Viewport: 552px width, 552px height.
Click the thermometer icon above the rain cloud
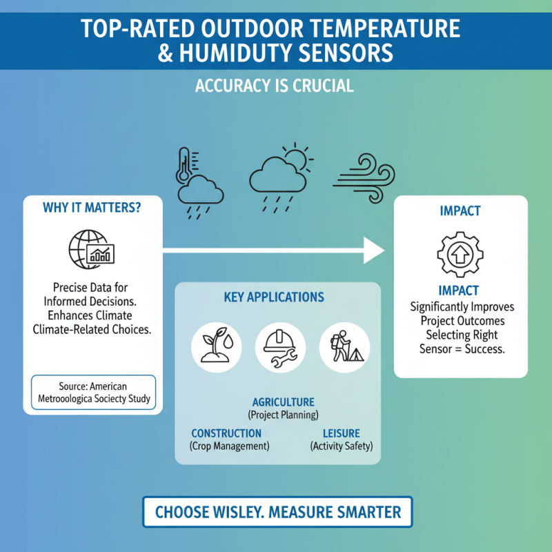[184, 164]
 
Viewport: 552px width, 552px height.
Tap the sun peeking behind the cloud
[296, 157]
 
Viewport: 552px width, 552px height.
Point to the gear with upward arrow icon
[460, 253]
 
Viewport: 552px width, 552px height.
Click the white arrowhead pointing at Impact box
[373, 250]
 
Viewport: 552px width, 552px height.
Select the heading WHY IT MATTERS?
[92, 208]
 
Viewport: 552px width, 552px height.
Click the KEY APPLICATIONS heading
[274, 297]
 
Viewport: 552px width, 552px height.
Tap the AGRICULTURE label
[283, 402]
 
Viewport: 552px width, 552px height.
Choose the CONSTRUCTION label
[226, 433]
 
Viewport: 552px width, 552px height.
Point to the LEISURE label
[341, 433]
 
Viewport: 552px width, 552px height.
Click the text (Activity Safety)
[341, 446]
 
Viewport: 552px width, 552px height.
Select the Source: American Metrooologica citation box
[93, 393]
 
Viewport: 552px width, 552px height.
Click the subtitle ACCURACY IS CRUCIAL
[275, 86]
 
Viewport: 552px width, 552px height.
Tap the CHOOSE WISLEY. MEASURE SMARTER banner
[277, 513]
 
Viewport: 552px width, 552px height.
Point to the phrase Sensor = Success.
[462, 349]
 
